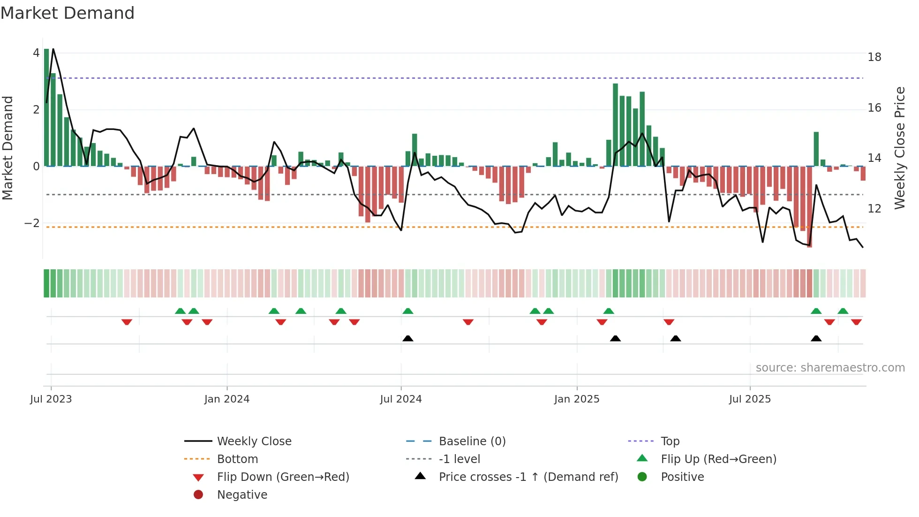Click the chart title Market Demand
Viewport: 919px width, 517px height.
pyautogui.click(x=68, y=13)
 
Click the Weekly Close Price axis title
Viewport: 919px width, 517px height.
pyautogui.click(x=899, y=148)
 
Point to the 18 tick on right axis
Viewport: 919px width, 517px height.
pyautogui.click(x=874, y=57)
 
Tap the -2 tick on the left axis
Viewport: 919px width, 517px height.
pyautogui.click(x=32, y=223)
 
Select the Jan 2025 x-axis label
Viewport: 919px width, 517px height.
pyautogui.click(x=576, y=399)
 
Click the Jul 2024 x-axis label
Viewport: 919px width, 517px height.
pyautogui.click(x=400, y=399)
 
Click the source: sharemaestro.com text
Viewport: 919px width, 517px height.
pyautogui.click(x=830, y=368)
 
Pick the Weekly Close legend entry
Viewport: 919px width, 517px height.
pyautogui.click(x=254, y=441)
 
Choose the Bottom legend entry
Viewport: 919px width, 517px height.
pyautogui.click(x=237, y=459)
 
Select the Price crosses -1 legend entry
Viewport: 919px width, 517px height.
pyautogui.click(x=528, y=477)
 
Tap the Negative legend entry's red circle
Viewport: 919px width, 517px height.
pyautogui.click(x=198, y=495)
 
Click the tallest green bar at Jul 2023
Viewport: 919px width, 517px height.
pyautogui.click(x=46, y=108)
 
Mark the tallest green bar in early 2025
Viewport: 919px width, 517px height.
pyautogui.click(x=615, y=125)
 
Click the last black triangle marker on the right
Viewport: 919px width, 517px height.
pyautogui.click(x=816, y=339)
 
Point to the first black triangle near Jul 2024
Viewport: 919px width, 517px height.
pyautogui.click(x=408, y=339)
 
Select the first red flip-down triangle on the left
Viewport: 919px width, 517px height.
pyautogui.click(x=127, y=322)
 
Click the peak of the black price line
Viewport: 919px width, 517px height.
pyautogui.click(x=53, y=49)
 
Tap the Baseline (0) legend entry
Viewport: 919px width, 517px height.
pyautogui.click(x=472, y=441)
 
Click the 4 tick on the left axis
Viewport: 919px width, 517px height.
pyautogui.click(x=36, y=53)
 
